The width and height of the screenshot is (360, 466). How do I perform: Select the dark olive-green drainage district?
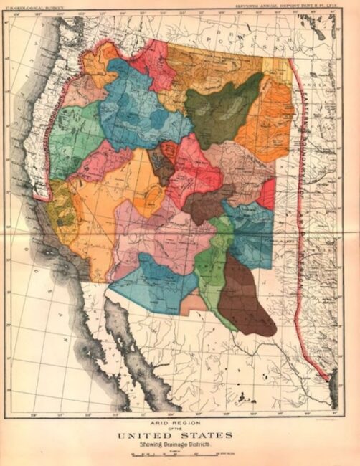click(x=223, y=111)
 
